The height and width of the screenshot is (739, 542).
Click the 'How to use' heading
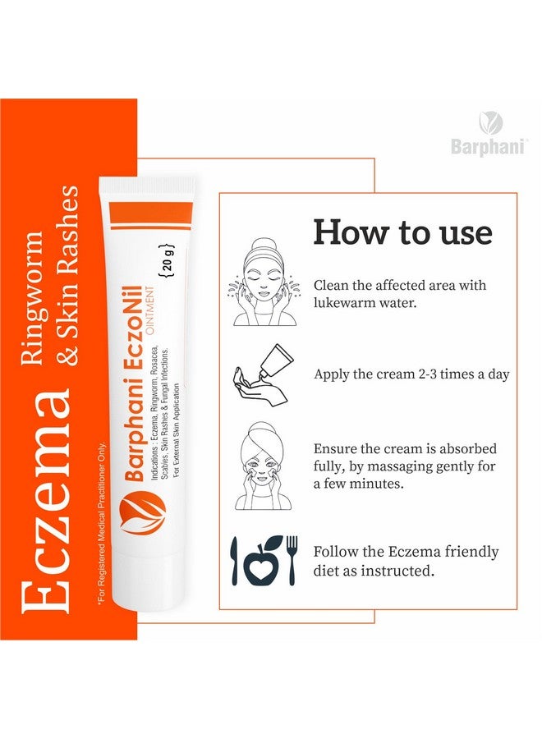coord(402,233)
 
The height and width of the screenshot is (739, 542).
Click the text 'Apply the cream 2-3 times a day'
coord(411,374)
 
